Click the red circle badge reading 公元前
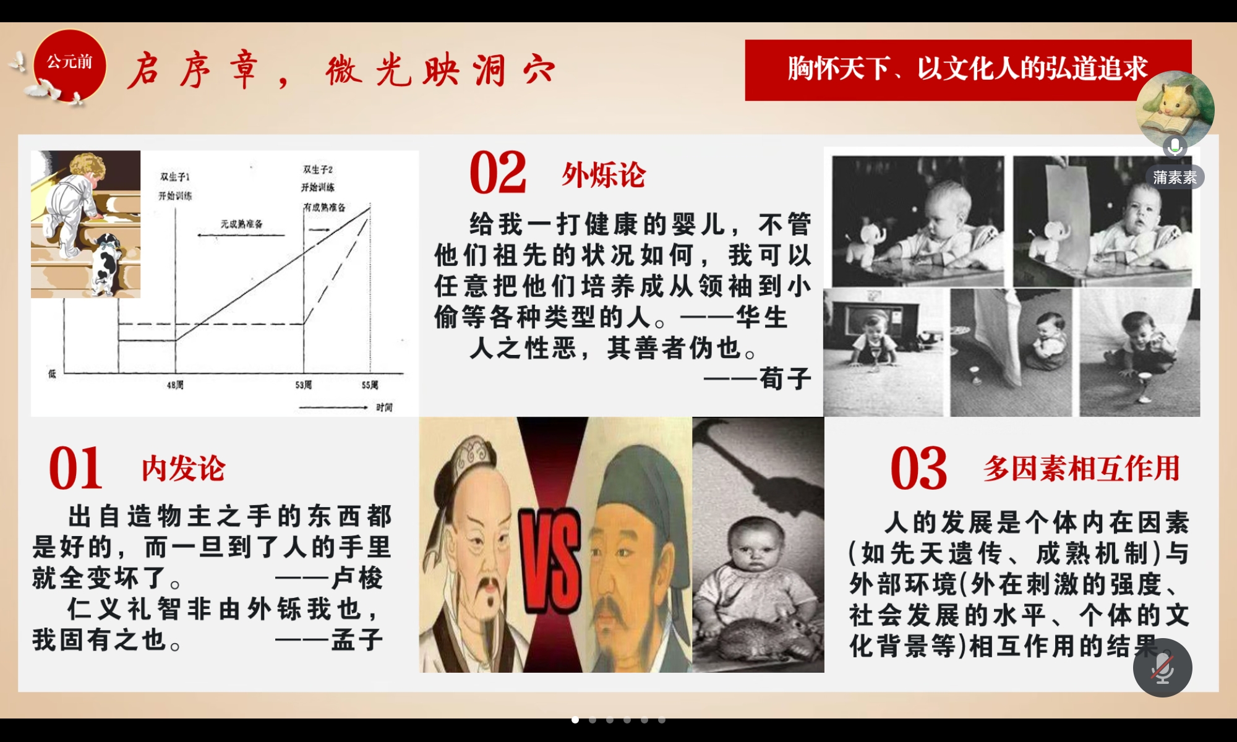(x=69, y=64)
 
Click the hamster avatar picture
(x=1175, y=109)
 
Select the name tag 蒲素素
(x=1175, y=177)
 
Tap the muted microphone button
(x=1162, y=668)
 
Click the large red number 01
(x=75, y=468)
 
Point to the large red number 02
(x=498, y=173)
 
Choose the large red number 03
(x=918, y=468)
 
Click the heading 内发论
(x=183, y=468)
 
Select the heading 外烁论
(x=603, y=175)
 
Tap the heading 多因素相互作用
(x=1082, y=468)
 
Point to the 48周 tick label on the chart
(x=175, y=385)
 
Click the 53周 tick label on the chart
(x=303, y=385)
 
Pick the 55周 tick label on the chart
(x=370, y=385)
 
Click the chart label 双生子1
(x=175, y=177)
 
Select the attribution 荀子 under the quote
(x=785, y=378)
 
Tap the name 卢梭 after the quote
(x=357, y=578)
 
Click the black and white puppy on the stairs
(x=107, y=263)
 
